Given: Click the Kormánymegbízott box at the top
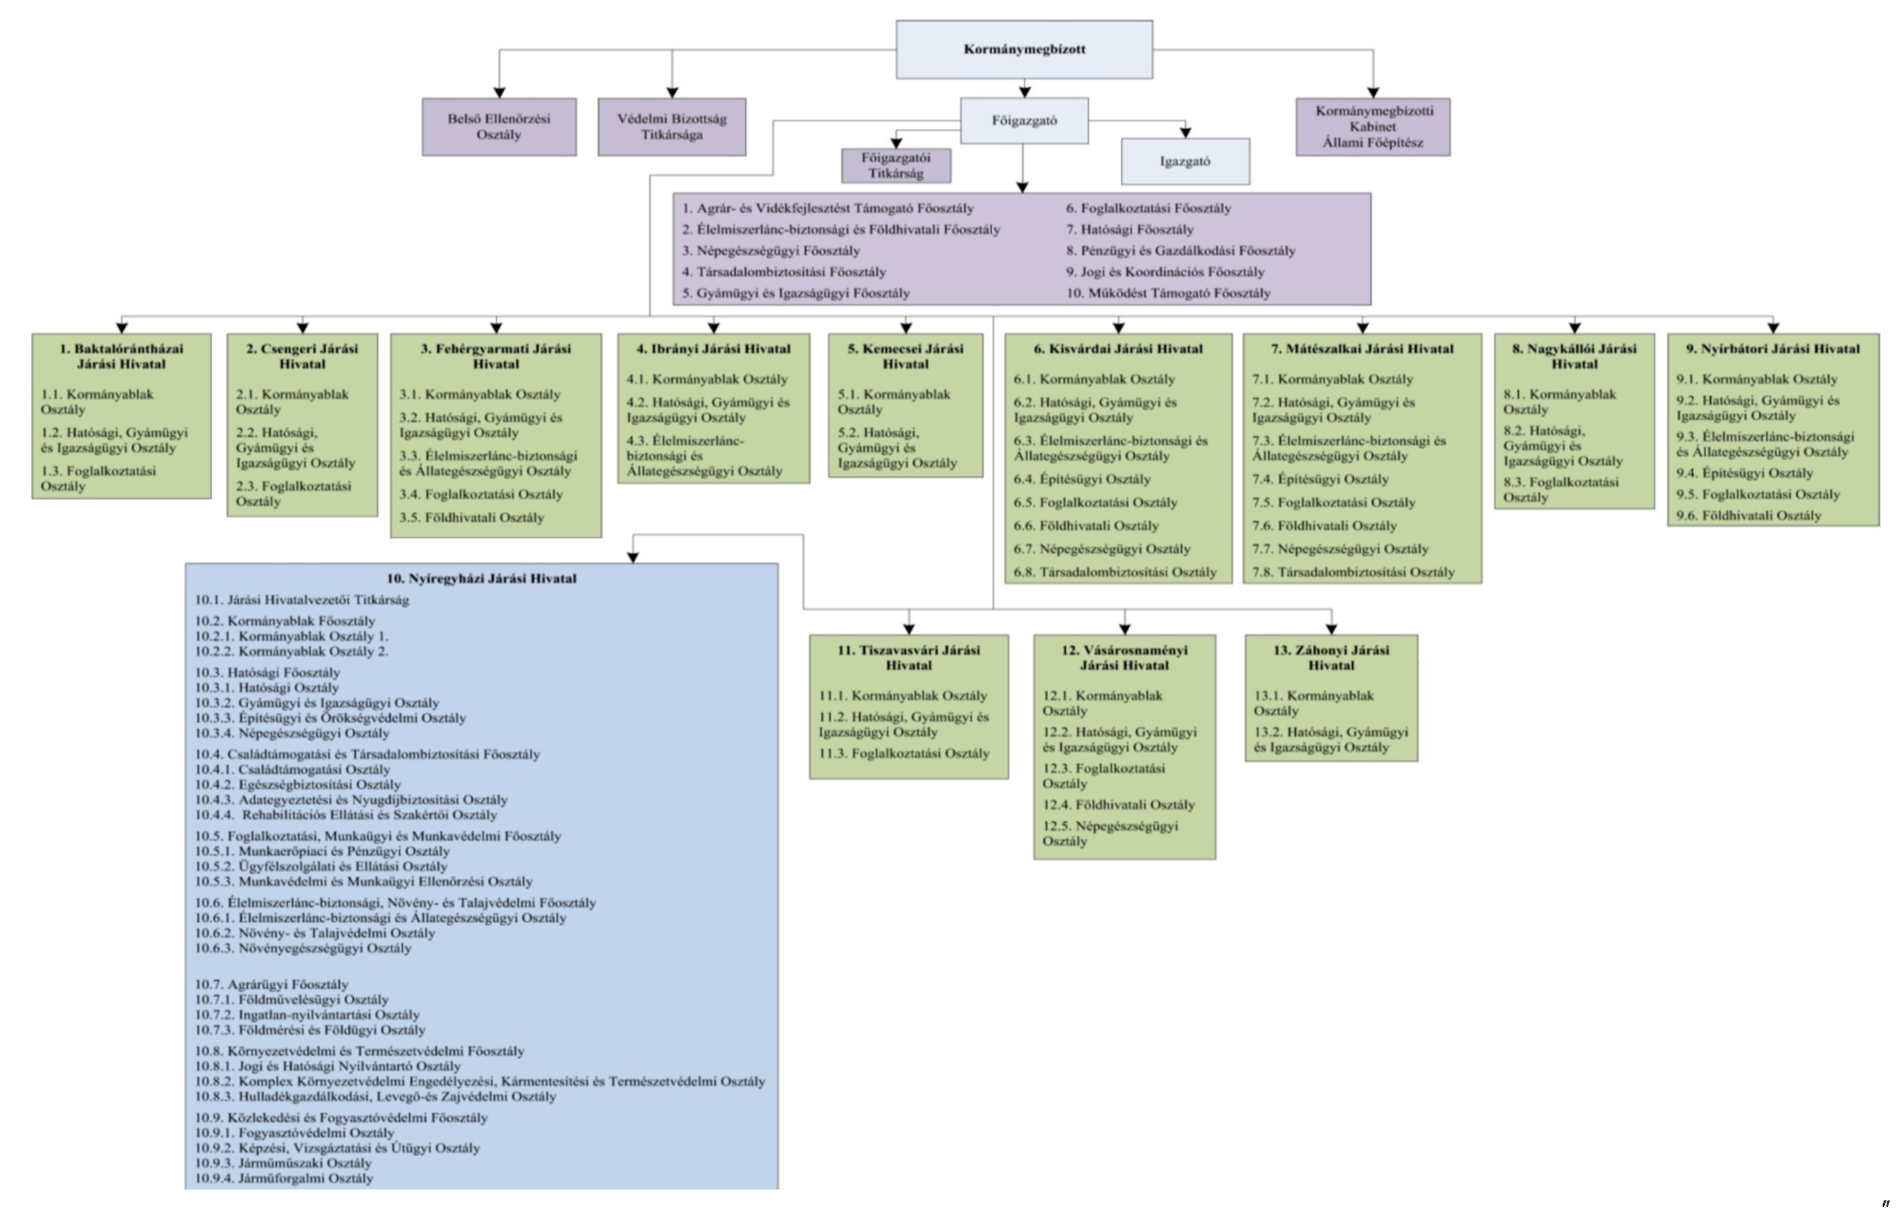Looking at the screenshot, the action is click(1024, 49).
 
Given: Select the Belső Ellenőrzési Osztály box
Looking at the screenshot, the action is click(498, 127).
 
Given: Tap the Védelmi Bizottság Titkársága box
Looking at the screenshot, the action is click(672, 127).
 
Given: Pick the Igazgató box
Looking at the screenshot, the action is click(1185, 161).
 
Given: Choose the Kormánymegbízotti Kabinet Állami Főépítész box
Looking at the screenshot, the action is click(1373, 127).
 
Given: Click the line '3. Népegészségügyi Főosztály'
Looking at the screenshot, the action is click(771, 250).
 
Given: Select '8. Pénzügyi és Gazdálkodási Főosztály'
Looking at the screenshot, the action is click(1180, 250).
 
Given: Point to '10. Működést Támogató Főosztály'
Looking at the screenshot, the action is click(1168, 293).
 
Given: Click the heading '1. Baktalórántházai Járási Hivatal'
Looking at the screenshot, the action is click(121, 357).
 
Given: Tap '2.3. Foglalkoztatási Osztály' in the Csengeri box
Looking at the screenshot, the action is click(293, 493).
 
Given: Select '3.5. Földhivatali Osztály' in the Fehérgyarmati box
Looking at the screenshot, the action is click(472, 518).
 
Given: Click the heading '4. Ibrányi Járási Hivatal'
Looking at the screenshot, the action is click(713, 348).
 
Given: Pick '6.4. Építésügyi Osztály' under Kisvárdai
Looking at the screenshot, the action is click(1082, 479).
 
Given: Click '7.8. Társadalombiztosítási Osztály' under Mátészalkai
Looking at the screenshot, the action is click(1353, 572).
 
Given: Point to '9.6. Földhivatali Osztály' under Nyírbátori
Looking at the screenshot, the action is click(1748, 515).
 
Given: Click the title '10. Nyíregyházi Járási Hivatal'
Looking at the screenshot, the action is click(481, 578).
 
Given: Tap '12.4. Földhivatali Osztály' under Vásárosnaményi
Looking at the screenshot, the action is click(1118, 805).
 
